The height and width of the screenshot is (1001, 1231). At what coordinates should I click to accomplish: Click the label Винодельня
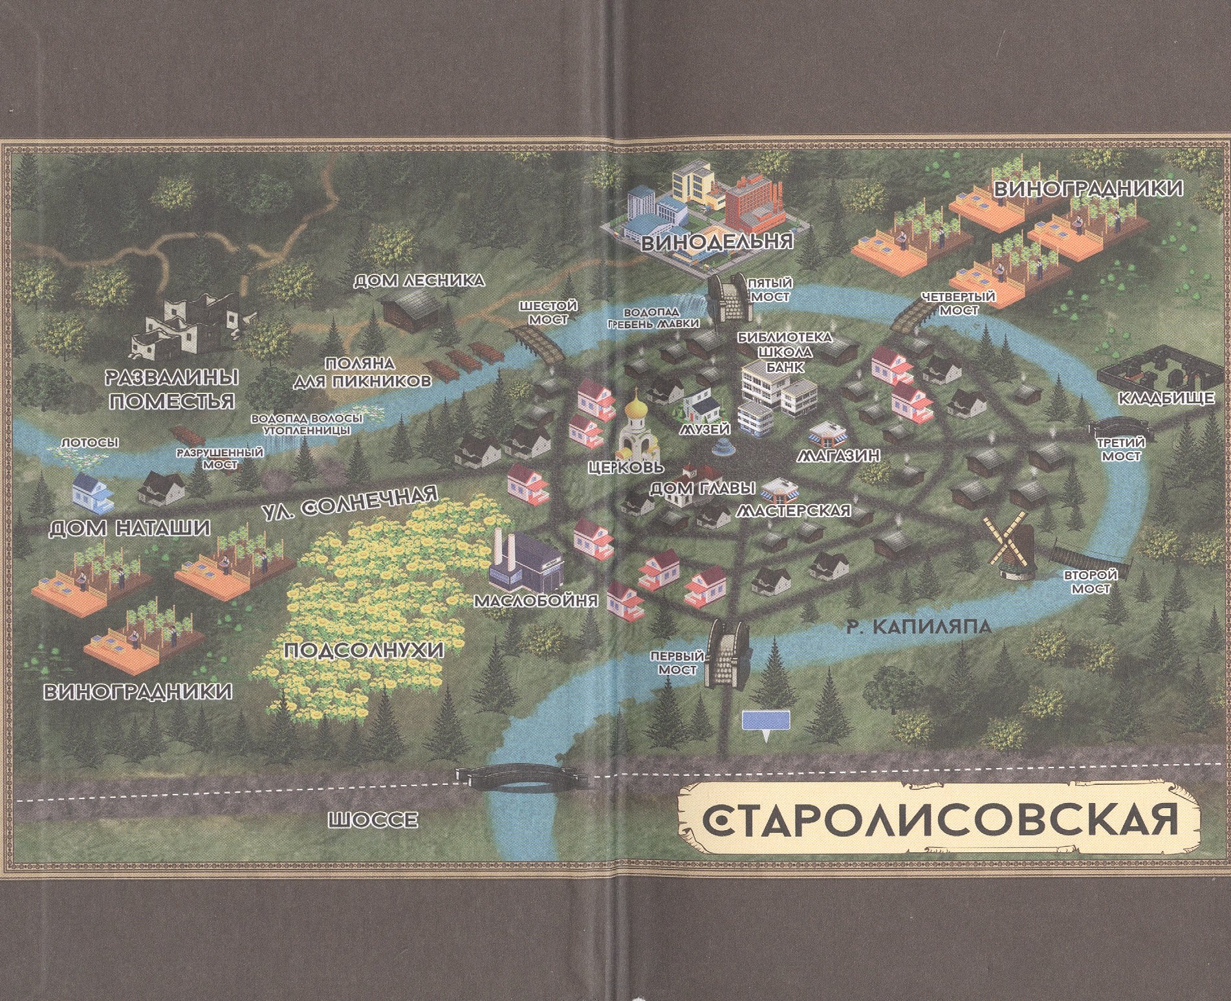click(x=717, y=241)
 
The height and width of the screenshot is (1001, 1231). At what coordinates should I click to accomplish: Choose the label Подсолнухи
click(x=364, y=650)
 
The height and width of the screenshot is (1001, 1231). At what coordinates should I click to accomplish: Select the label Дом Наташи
click(x=130, y=529)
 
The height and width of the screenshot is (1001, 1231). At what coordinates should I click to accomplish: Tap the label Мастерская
click(x=792, y=511)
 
